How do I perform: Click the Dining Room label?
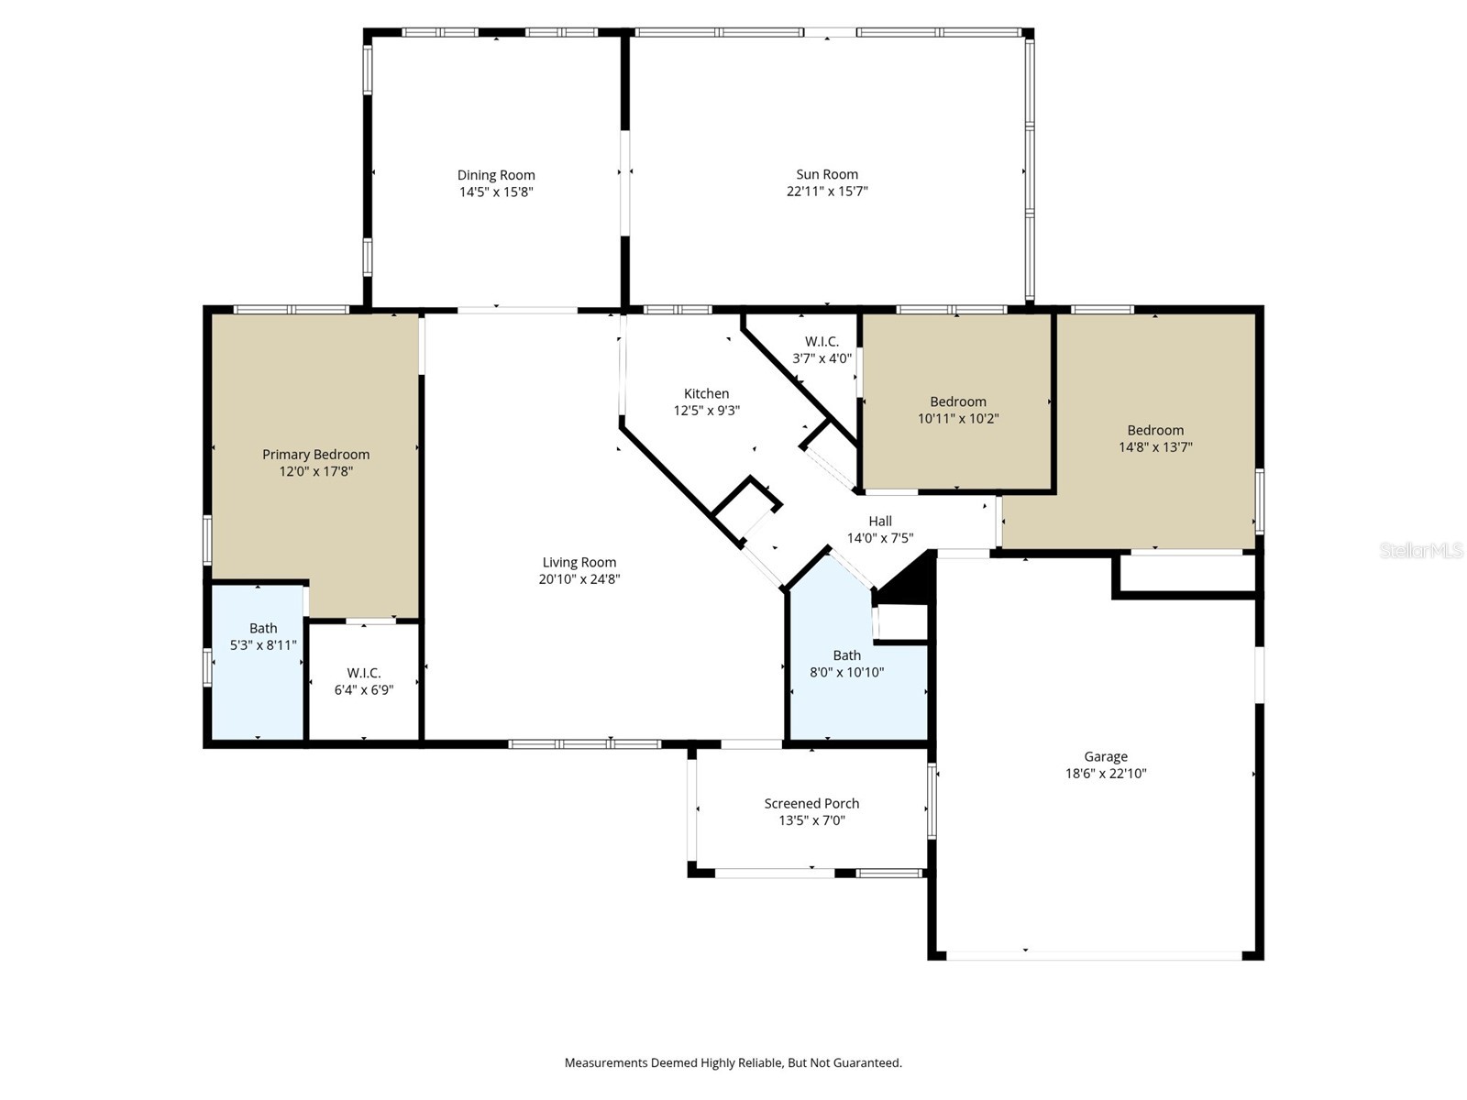coord(496,175)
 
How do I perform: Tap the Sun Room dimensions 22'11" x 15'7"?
coord(827,192)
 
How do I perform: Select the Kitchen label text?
coord(706,393)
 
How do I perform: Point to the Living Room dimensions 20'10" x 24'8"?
coord(579,579)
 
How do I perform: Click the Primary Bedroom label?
coord(315,455)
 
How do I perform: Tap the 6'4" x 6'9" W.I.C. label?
coord(364,673)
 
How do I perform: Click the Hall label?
coord(880,521)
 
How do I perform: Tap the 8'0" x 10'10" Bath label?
coord(847,655)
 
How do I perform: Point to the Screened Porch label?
coord(811,804)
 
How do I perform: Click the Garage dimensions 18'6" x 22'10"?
coord(1106,774)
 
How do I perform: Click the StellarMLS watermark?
coord(1420,550)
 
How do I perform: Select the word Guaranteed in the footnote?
coord(866,1063)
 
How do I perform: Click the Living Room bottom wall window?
coord(584,744)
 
